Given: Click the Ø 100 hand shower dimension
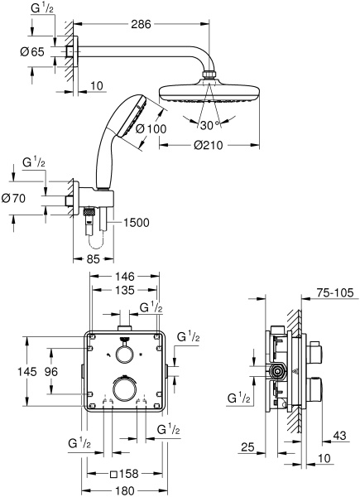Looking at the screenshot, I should [152, 128].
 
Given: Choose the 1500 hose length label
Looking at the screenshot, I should [137, 222].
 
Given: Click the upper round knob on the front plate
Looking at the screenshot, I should [124, 355].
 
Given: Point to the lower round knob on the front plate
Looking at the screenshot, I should [124, 390].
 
